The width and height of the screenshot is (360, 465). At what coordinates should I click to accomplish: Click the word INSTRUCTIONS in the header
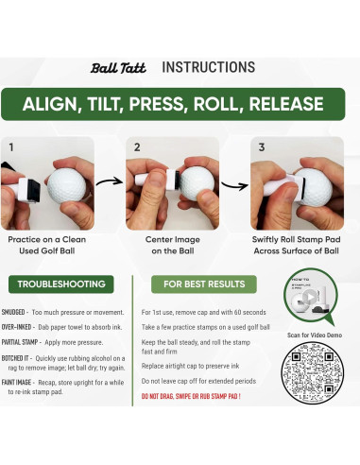[208, 67]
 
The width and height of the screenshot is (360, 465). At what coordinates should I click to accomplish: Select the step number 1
[11, 147]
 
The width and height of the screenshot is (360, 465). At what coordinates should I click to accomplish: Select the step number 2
[137, 147]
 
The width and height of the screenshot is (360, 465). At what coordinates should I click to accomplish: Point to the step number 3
[261, 147]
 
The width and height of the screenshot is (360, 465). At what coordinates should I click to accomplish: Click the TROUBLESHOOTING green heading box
[60, 284]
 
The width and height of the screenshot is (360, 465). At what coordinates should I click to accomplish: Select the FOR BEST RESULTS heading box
[205, 284]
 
